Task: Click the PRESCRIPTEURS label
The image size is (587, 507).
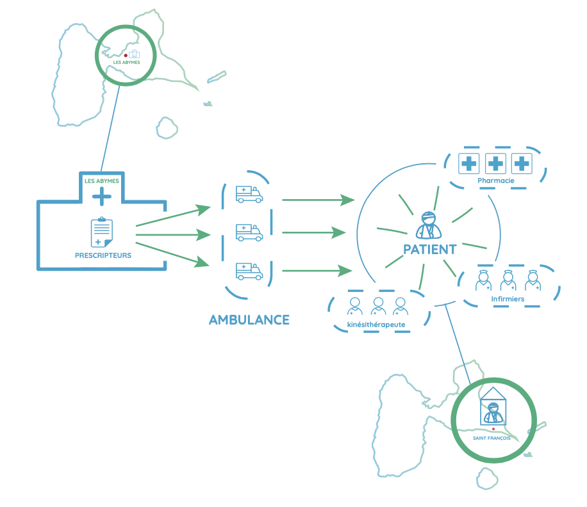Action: [x=103, y=255]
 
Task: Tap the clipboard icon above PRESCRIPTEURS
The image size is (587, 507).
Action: [x=101, y=232]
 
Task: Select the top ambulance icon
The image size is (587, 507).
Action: [x=249, y=195]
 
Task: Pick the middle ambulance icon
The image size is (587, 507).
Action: [x=249, y=232]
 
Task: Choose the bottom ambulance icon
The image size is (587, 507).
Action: [x=249, y=271]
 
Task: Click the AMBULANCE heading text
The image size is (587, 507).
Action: [x=249, y=319]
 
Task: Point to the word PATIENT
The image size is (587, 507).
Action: [x=429, y=250]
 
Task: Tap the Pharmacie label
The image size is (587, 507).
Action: [x=495, y=181]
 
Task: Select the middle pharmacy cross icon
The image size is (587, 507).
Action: [x=495, y=164]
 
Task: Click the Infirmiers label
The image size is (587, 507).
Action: [x=508, y=299]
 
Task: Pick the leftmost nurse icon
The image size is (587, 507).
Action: [x=483, y=281]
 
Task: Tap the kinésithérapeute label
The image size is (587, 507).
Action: [x=376, y=325]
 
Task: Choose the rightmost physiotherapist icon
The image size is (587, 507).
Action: [x=401, y=306]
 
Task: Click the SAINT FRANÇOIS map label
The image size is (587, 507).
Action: [x=492, y=438]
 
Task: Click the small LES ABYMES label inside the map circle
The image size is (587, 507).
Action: [x=126, y=62]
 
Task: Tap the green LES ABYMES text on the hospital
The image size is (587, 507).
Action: [x=102, y=181]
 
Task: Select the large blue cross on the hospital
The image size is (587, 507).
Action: [x=102, y=196]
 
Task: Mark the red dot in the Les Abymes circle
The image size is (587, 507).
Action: [x=126, y=56]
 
